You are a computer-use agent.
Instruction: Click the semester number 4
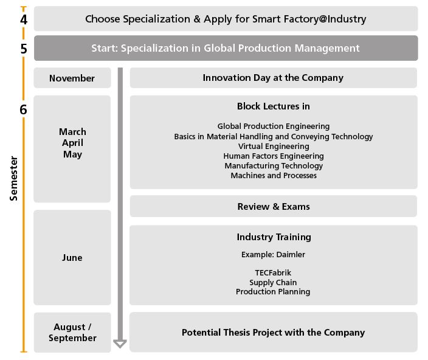pyautogui.click(x=24, y=19)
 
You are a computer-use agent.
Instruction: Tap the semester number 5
pyautogui.click(x=24, y=49)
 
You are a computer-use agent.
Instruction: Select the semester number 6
pyautogui.click(x=24, y=109)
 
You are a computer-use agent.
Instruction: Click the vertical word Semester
pyautogui.click(x=13, y=179)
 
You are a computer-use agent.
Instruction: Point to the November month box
pyautogui.click(x=72, y=78)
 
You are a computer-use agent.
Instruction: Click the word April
pyautogui.click(x=72, y=143)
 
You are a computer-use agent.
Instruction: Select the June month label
pyautogui.click(x=72, y=258)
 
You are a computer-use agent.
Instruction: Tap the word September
pyautogui.click(x=72, y=338)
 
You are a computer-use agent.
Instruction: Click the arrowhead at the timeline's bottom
pyautogui.click(x=120, y=344)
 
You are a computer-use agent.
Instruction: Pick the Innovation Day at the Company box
pyautogui.click(x=274, y=78)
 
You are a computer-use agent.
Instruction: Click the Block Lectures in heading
pyautogui.click(x=274, y=106)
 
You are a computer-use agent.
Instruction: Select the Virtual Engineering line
pyautogui.click(x=274, y=147)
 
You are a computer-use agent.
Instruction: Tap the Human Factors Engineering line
pyautogui.click(x=274, y=156)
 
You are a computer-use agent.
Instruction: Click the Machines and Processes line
pyautogui.click(x=274, y=176)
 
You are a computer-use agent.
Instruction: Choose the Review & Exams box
pyautogui.click(x=274, y=206)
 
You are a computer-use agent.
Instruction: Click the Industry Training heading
pyautogui.click(x=274, y=237)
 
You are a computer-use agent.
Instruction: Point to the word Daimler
pyautogui.click(x=291, y=255)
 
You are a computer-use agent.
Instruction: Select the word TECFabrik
pyautogui.click(x=273, y=272)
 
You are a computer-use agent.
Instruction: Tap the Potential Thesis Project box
pyautogui.click(x=274, y=332)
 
